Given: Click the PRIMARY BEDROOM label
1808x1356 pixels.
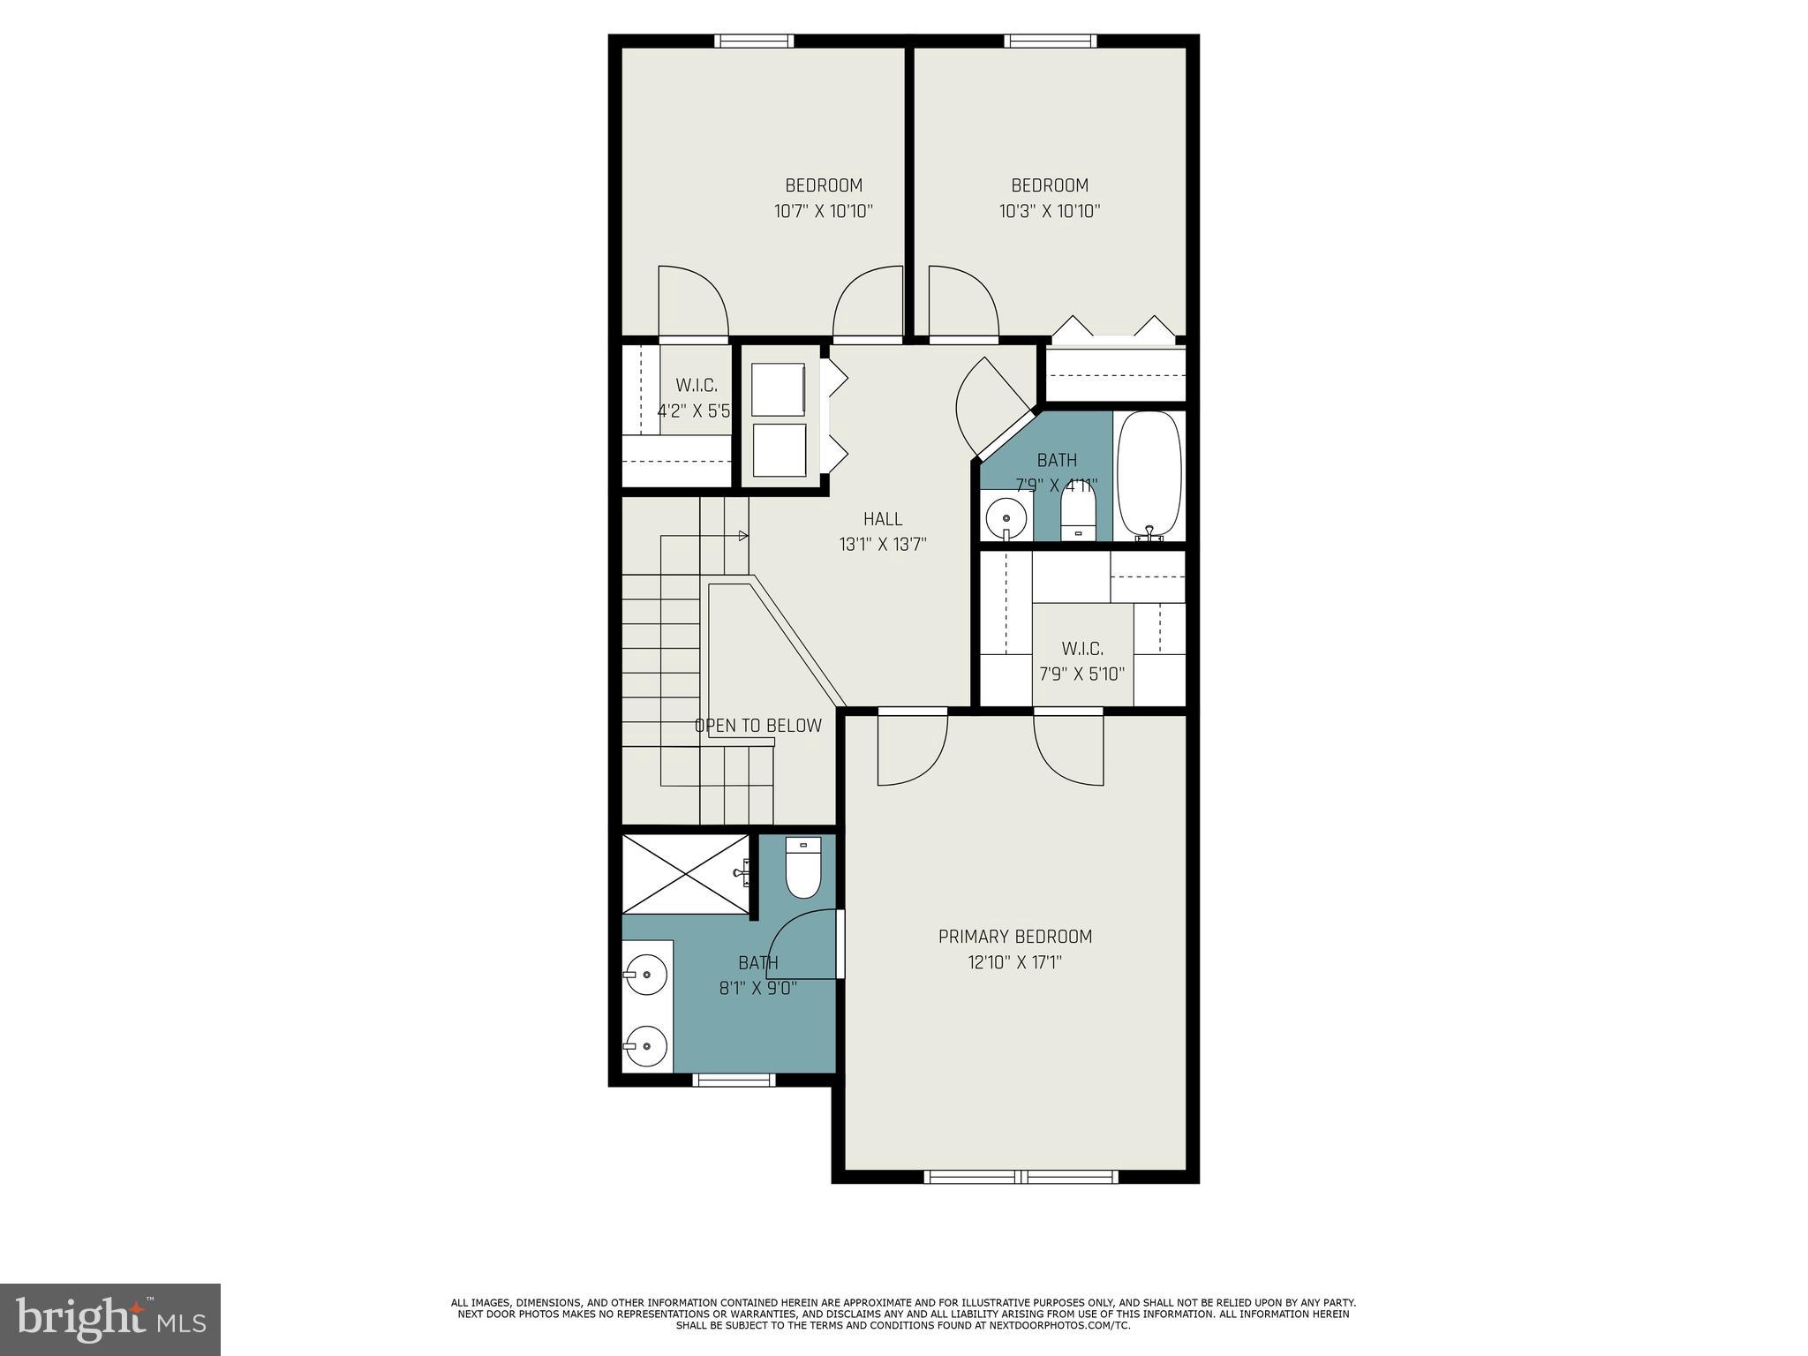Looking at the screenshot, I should pos(1014,937).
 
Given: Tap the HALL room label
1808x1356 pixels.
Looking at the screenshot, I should pos(883,519).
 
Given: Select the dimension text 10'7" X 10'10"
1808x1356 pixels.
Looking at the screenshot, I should pos(823,211).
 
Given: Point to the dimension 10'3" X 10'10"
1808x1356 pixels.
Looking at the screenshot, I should pos(1050,211).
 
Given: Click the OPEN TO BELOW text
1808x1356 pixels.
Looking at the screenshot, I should pos(757,726).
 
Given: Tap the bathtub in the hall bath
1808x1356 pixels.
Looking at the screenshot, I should pos(1149,475).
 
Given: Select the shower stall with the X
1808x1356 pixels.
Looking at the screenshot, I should pos(685,873).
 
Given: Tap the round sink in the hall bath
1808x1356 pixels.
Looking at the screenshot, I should pos(1006,516).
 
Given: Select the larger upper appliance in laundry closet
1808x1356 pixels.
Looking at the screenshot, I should pos(778,389).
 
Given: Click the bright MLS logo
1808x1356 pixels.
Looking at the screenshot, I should pos(110,1320).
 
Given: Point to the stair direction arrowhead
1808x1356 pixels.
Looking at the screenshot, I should pos(743,536).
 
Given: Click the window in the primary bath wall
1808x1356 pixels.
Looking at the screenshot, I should pos(734,1079).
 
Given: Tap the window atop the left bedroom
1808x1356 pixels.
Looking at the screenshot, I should pos(753,41).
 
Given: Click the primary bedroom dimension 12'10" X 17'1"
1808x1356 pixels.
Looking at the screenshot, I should pos(1014,962).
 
